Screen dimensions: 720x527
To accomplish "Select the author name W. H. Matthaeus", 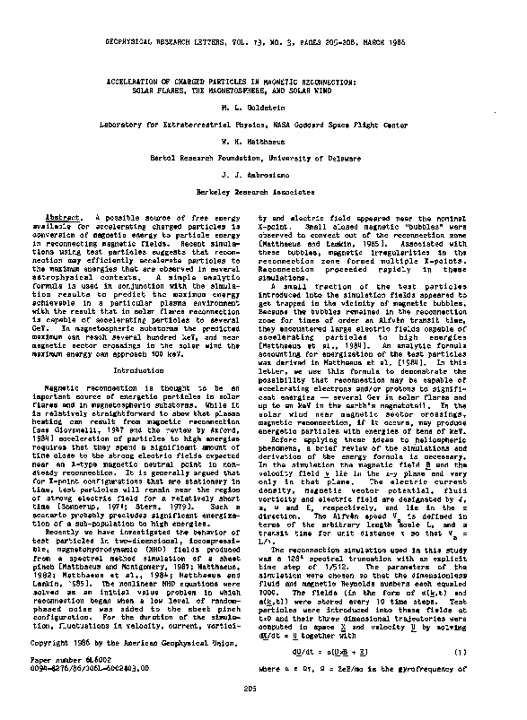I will coord(264,140).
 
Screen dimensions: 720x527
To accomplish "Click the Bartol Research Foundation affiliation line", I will coord(264,156).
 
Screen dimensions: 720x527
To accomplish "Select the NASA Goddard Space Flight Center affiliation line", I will coord(264,123).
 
